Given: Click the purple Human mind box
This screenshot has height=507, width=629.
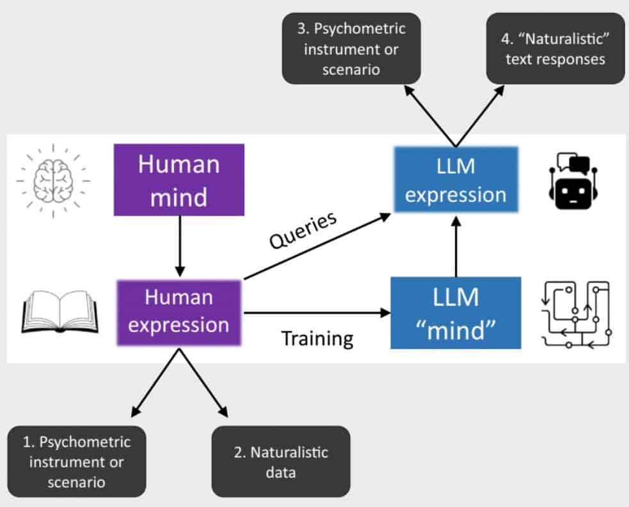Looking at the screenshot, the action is coord(179,180).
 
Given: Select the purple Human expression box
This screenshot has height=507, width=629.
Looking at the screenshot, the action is coord(179,313).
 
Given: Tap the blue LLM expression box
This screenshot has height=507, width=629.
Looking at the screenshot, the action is coord(456,180).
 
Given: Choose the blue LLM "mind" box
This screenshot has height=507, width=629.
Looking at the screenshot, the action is coord(456,313).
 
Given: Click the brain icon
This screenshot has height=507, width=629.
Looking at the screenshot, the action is coord(53,181).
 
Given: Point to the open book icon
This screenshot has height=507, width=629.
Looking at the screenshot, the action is coord(60,312).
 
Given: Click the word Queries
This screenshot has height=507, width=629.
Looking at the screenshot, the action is coord(303,230).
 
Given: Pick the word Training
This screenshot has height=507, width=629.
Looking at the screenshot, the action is coord(317,339).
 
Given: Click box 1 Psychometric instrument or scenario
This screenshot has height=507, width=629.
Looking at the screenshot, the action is coord(77,462).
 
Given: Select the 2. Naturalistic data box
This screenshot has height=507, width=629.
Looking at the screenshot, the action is coord(281,462).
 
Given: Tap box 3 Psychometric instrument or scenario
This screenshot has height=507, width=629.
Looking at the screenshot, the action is coord(351,49).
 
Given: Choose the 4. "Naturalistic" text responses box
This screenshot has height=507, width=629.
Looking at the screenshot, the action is coord(555,49).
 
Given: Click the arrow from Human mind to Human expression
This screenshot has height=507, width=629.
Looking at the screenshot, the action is coord(180,246).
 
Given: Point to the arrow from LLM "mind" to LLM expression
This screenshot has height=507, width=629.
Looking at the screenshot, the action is coord(456,246).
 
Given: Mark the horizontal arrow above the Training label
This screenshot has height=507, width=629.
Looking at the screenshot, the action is coord(317,313).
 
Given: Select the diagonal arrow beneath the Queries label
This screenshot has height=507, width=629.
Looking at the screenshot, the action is coord(317,246).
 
